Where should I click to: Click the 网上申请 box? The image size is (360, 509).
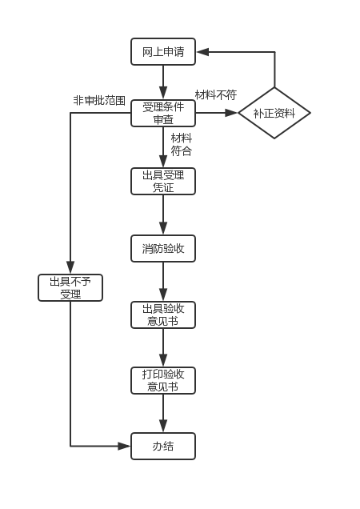pyautogui.click(x=163, y=51)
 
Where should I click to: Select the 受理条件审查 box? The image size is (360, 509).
pyautogui.click(x=163, y=113)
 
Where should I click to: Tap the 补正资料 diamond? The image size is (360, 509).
pyautogui.click(x=274, y=113)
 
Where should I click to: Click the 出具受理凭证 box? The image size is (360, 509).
pyautogui.click(x=163, y=181)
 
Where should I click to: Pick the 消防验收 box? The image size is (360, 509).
pyautogui.click(x=163, y=248)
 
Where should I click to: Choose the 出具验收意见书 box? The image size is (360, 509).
pyautogui.click(x=163, y=315)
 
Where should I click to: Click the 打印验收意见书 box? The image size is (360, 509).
pyautogui.click(x=163, y=380)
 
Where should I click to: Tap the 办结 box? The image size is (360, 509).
pyautogui.click(x=163, y=446)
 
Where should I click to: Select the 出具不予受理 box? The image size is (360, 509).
pyautogui.click(x=70, y=287)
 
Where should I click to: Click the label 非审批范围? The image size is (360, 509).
pyautogui.click(x=99, y=100)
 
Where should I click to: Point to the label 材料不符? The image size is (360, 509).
pyautogui.click(x=216, y=94)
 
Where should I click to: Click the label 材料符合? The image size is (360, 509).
pyautogui.click(x=182, y=144)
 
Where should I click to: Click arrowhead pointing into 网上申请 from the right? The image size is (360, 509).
pyautogui.click(x=203, y=51)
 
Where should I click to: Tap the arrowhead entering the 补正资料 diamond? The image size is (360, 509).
pyautogui.click(x=232, y=113)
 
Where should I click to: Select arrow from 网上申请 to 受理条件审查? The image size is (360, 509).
pyautogui.click(x=163, y=82)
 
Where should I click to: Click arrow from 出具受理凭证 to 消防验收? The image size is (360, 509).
pyautogui.click(x=163, y=215)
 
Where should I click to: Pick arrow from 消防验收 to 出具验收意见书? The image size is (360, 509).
pyautogui.click(x=163, y=282)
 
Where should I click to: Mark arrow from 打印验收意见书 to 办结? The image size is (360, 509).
pyautogui.click(x=163, y=413)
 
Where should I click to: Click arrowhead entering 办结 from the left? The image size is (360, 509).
pyautogui.click(x=124, y=446)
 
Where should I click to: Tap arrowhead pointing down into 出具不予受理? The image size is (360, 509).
pyautogui.click(x=70, y=267)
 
